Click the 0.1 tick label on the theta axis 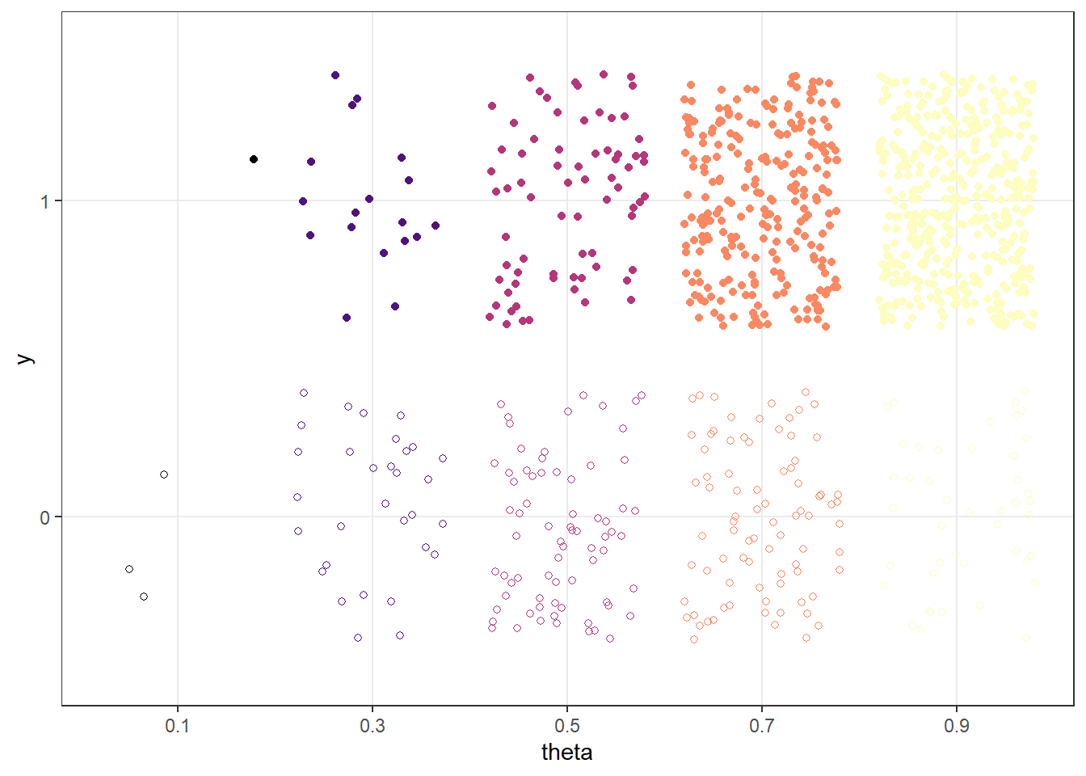coord(177,726)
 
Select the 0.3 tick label coord(372,726)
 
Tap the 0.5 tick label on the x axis coord(566,726)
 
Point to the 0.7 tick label coord(761,726)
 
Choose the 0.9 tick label coord(956,726)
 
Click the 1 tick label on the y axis coord(45,201)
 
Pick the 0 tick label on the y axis coord(45,517)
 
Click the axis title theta coord(566,753)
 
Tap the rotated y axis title coord(25,359)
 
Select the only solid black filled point coord(254,159)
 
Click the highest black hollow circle coord(164,474)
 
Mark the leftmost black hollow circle coord(129,569)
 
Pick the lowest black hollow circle coord(144,597)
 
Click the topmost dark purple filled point coord(335,75)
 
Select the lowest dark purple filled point coord(347,318)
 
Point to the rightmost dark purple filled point coord(436,226)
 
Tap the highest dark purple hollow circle coord(304,393)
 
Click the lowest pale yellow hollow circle coord(1026,638)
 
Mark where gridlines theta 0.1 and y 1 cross coord(177,200)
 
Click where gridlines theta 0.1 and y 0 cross coord(177,517)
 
